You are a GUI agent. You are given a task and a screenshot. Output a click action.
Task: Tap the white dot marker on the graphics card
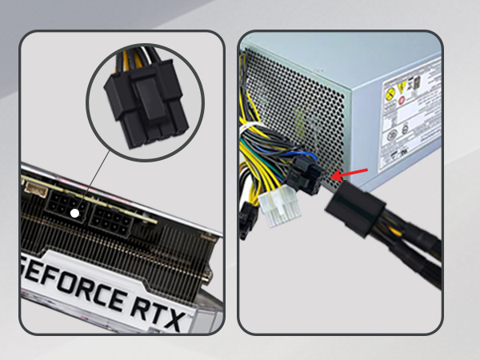click(74, 214)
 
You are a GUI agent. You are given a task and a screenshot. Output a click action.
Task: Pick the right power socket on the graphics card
click(112, 218)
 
